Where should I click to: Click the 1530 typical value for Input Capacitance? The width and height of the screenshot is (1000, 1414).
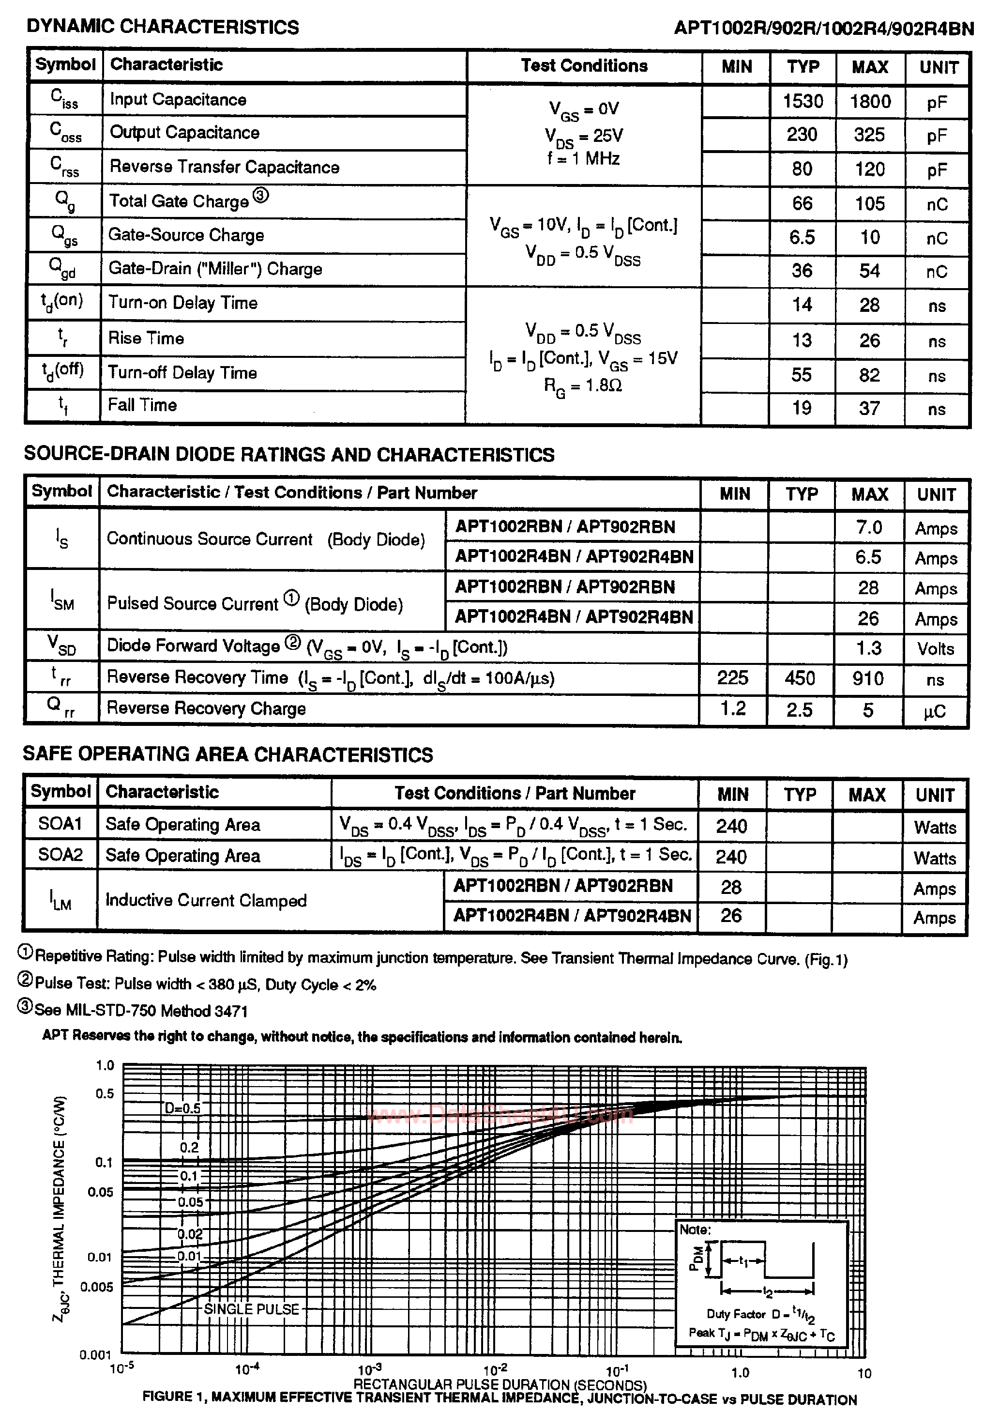pyautogui.click(x=803, y=101)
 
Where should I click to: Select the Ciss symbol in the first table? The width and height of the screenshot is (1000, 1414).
pyautogui.click(x=64, y=98)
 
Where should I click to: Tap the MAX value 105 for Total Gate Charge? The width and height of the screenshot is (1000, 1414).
pyautogui.click(x=869, y=204)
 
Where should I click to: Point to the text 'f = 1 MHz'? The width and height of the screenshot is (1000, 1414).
pyautogui.click(x=583, y=159)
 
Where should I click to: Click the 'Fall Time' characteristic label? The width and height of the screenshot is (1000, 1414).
pyautogui.click(x=142, y=405)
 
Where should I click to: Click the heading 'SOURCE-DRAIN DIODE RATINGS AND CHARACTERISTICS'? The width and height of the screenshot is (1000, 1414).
pyautogui.click(x=289, y=455)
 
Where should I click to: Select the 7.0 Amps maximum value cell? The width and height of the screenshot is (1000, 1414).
pyautogui.click(x=868, y=527)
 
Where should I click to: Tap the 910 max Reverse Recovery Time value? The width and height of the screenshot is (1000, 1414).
pyautogui.click(x=868, y=678)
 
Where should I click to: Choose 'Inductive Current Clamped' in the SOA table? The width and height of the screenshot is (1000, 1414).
pyautogui.click(x=206, y=900)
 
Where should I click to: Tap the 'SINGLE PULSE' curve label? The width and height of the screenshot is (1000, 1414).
pyautogui.click(x=251, y=1309)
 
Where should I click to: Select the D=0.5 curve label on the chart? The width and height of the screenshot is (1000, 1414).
pyautogui.click(x=182, y=1108)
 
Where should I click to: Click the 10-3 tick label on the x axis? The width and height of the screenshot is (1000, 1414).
pyautogui.click(x=370, y=1370)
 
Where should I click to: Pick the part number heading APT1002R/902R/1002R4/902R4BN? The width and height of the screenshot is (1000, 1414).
pyautogui.click(x=823, y=29)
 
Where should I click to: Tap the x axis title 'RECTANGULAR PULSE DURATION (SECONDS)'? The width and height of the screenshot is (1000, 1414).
pyautogui.click(x=500, y=1385)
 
